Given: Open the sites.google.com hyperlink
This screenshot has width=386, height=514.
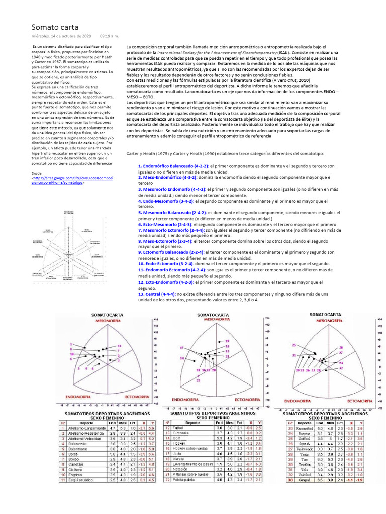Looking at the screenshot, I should pos(72,180).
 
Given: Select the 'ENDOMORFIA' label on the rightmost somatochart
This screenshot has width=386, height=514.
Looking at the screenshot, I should pos(301,401).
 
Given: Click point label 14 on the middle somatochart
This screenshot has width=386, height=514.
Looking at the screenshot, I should pos(182,358).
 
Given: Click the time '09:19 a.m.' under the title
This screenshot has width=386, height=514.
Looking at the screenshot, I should pos(109,36).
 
